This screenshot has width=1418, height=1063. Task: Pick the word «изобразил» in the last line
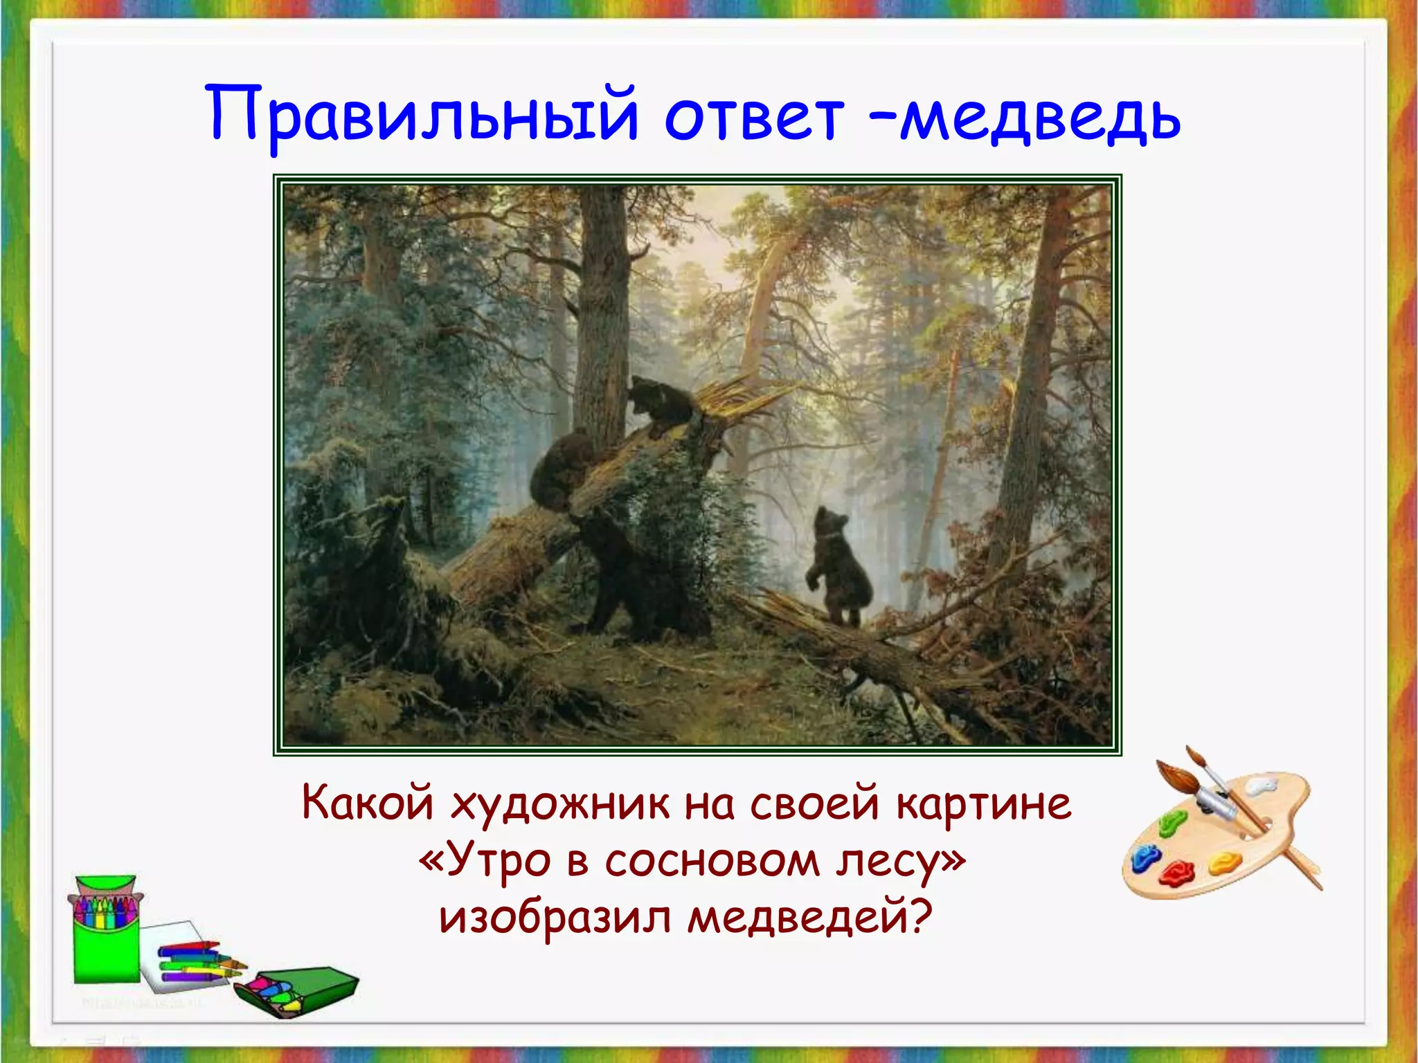(x=554, y=917)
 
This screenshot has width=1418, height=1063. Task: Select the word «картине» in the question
(x=983, y=805)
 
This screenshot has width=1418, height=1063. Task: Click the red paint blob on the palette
(x=1176, y=872)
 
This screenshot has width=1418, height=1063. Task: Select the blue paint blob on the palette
(x=1145, y=858)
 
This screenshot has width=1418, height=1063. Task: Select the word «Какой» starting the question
(x=367, y=805)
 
